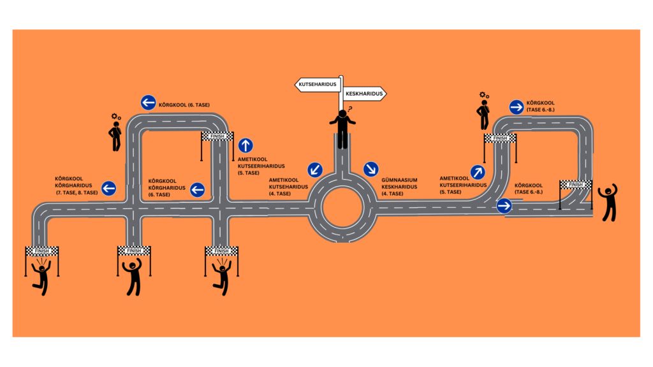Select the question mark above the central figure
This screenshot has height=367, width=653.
tap(349, 108)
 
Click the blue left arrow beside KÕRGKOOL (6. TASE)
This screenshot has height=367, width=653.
tap(148, 103)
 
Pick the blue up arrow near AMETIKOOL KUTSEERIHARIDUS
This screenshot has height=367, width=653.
tap(246, 145)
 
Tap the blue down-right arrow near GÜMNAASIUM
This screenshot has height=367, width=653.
tap(371, 169)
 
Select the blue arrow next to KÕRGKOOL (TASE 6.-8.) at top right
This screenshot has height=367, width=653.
tap(517, 106)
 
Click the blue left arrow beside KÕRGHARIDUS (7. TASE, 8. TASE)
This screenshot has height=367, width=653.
tap(109, 188)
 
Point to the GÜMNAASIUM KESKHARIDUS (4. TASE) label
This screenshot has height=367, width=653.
tap(400, 187)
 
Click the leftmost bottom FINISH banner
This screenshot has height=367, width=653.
tap(41, 251)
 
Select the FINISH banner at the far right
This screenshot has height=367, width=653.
tap(575, 185)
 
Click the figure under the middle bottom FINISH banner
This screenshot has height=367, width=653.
tap(134, 277)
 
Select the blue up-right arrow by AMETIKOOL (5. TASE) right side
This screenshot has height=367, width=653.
tap(478, 173)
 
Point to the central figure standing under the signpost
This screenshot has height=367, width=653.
tap(343, 129)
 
